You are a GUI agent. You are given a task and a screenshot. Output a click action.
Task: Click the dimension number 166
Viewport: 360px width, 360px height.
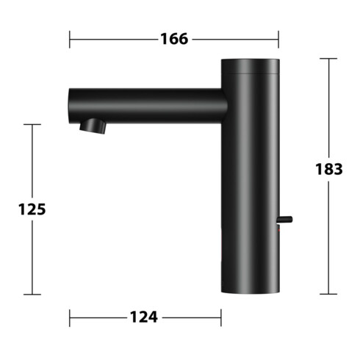(173, 39)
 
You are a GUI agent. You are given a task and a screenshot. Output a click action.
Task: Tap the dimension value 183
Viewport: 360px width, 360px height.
(328, 169)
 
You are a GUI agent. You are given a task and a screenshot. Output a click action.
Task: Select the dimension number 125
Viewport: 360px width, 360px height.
(32, 209)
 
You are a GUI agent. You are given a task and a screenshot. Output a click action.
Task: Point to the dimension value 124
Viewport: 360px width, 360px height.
(144, 317)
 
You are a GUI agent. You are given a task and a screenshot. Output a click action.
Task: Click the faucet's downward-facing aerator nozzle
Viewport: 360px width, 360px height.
(94, 126)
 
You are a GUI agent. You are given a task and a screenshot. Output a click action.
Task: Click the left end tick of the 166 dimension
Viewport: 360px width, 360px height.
(70, 39)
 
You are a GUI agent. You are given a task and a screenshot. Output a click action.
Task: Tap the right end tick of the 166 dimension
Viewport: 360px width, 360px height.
(278, 39)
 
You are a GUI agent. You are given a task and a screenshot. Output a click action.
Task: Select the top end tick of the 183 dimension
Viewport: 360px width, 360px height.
(328, 58)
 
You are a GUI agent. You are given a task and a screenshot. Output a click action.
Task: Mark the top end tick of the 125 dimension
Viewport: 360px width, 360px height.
(32, 125)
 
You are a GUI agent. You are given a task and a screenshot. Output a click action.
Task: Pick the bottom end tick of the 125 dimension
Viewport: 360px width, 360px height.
(32, 295)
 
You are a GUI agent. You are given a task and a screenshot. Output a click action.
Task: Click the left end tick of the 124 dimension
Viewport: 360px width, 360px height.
(70, 317)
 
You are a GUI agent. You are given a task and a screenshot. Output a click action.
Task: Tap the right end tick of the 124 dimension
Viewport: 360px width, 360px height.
(221, 317)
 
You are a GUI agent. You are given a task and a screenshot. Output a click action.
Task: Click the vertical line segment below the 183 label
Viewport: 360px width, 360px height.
(328, 235)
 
